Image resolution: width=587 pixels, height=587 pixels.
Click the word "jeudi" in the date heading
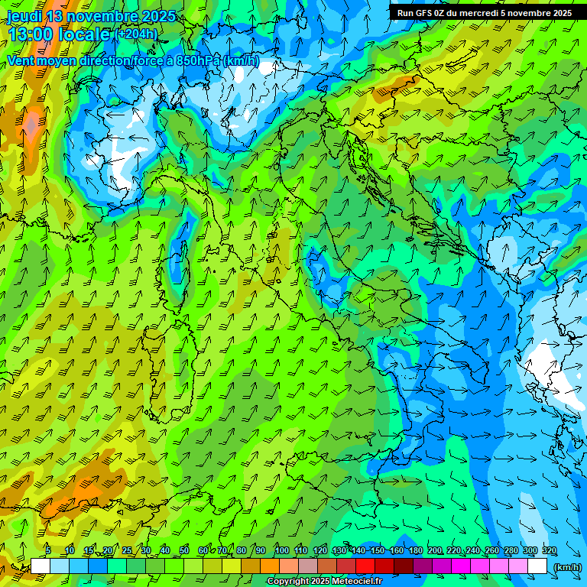pyautogui.click(x=24, y=16)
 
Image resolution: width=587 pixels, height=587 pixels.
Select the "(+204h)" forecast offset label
pyautogui.click(x=137, y=34)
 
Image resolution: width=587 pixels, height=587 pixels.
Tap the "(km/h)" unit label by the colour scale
pyautogui.click(x=568, y=567)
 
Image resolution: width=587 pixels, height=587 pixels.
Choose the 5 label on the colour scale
pyautogui.click(x=49, y=551)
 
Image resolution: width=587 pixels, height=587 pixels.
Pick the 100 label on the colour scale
pyautogui.click(x=281, y=551)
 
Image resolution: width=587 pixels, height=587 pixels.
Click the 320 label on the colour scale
pyautogui.click(x=549, y=551)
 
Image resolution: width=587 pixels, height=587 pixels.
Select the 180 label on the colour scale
pyautogui.click(x=415, y=551)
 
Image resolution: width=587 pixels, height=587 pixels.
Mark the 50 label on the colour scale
pyautogui.click(x=184, y=551)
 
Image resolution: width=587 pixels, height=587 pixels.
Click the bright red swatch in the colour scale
pyautogui.click(x=365, y=566)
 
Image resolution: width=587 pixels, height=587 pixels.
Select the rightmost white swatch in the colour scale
pyautogui.click(x=537, y=566)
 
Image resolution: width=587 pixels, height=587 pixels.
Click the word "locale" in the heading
pyautogui.click(x=85, y=35)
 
